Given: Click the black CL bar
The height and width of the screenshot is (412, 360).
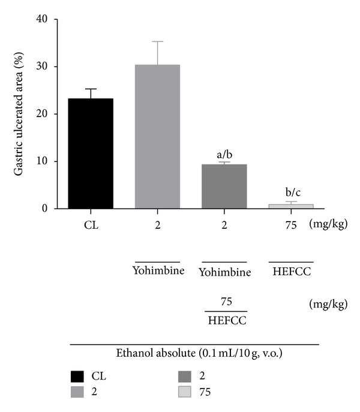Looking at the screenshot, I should [91, 154].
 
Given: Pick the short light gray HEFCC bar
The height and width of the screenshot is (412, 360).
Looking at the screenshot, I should [290, 206].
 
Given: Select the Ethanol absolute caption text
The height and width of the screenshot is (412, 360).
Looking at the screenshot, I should [194, 354].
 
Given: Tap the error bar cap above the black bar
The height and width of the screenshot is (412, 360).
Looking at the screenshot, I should [91, 89].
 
